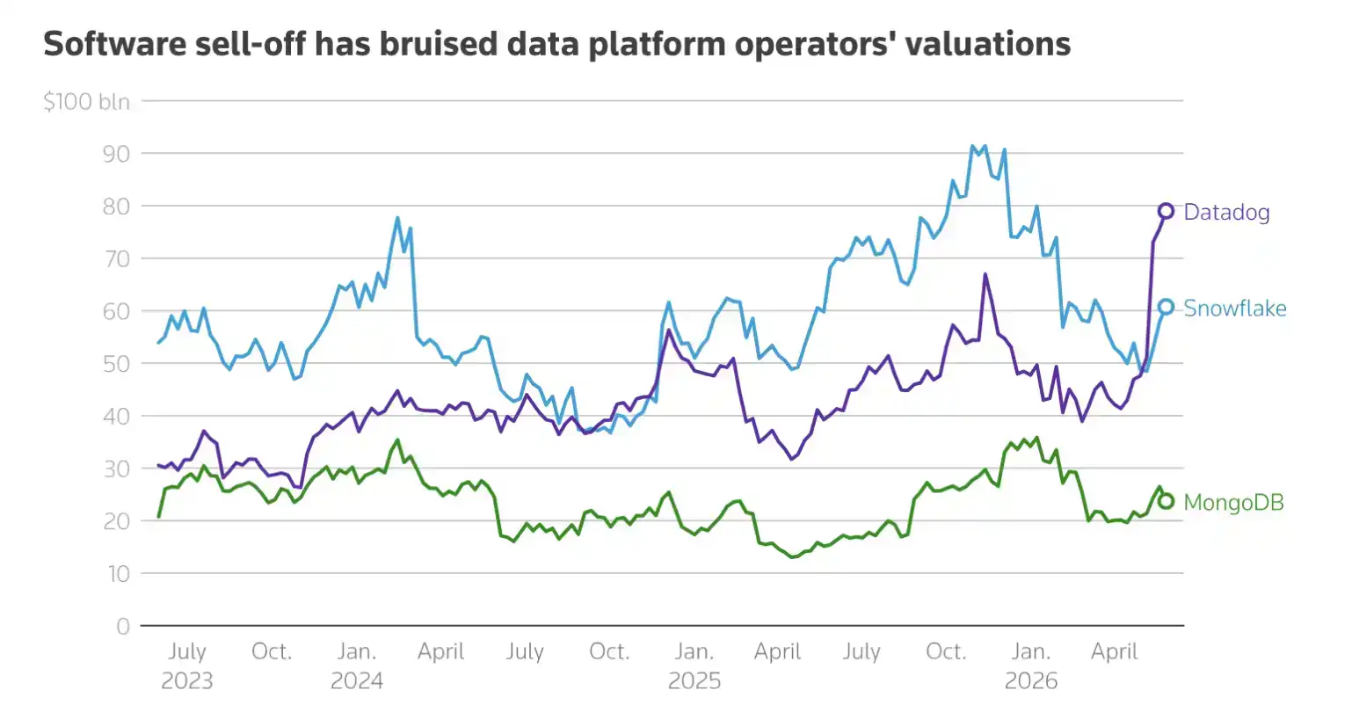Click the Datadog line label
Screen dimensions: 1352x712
pos(1226,213)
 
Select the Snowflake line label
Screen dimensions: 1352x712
pos(1235,309)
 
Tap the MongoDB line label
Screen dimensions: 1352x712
pos(1233,503)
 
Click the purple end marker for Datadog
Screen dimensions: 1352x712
pos(1167,211)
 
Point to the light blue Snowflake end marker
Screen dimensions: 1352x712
pos(1167,307)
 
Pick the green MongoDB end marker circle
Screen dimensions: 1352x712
pos(1167,501)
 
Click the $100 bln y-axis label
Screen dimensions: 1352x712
pos(87,102)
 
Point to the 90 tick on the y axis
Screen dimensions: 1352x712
pos(117,155)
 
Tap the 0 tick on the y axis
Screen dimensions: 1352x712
pos(123,627)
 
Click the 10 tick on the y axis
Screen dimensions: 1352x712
pos(119,574)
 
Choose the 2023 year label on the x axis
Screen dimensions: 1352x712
pos(187,681)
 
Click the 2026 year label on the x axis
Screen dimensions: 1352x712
pos(1031,681)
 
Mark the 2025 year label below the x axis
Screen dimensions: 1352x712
pos(694,681)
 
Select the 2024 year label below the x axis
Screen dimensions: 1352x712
pos(357,681)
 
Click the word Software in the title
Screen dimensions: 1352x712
pos(115,44)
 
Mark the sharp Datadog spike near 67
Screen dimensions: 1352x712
pos(985,274)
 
